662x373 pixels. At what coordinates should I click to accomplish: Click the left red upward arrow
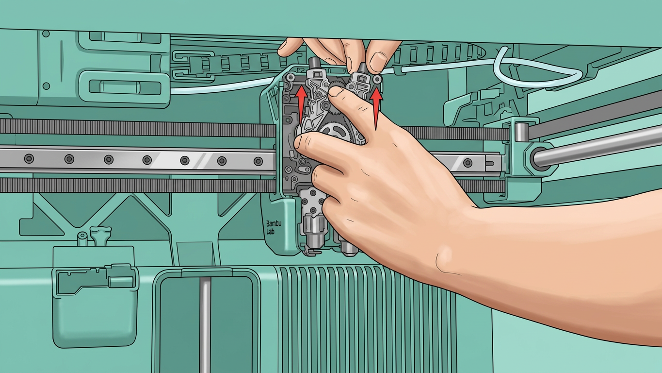[x=301, y=103]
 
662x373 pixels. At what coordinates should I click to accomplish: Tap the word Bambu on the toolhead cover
[x=274, y=223]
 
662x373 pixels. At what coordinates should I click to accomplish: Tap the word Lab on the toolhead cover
[x=271, y=231]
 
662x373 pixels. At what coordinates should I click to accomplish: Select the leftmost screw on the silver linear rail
[x=29, y=158]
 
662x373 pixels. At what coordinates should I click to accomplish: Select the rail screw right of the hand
[x=467, y=163]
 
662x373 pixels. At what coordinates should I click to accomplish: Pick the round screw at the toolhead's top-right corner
[x=377, y=79]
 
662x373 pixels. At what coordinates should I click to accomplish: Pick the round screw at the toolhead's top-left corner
[x=291, y=78]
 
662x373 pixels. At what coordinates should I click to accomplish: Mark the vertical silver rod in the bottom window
[x=205, y=325]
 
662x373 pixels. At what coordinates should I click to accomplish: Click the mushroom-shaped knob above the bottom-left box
[x=101, y=236]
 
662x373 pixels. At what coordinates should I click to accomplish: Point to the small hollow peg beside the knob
[x=82, y=239]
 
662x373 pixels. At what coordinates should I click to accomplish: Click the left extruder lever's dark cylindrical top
[x=314, y=63]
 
